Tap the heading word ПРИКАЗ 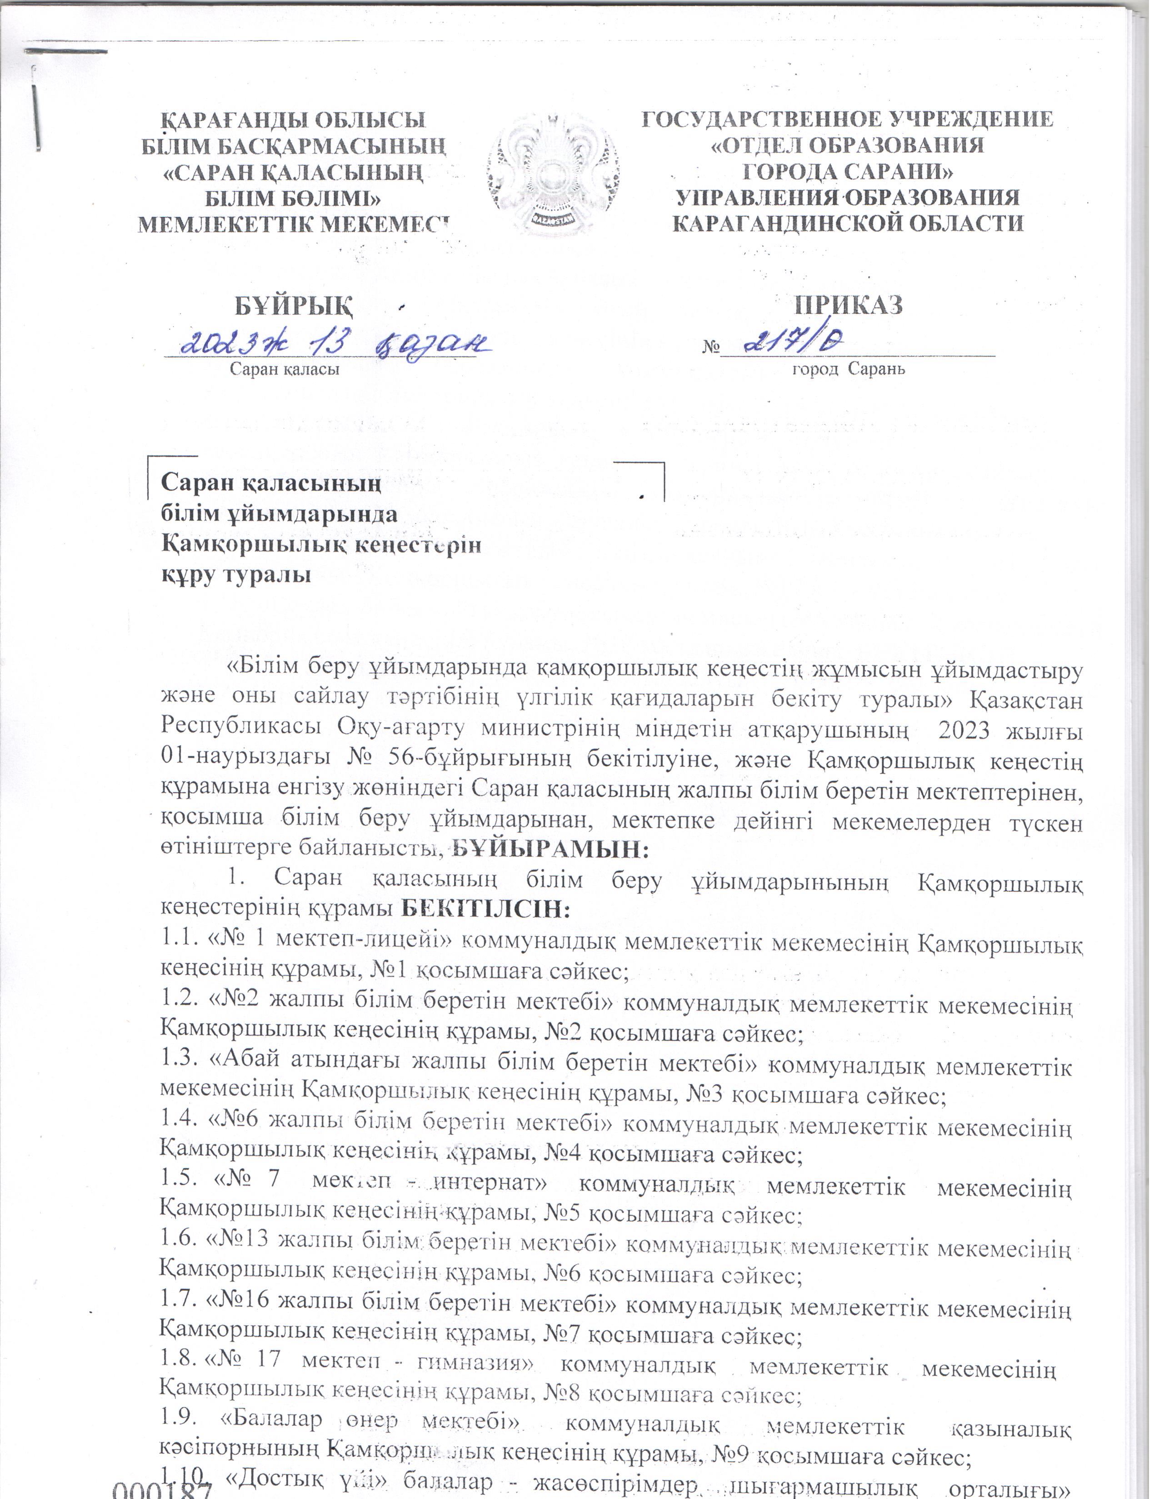(x=848, y=304)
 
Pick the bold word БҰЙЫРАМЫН (x=550, y=850)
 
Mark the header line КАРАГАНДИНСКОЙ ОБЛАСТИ (x=848, y=223)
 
